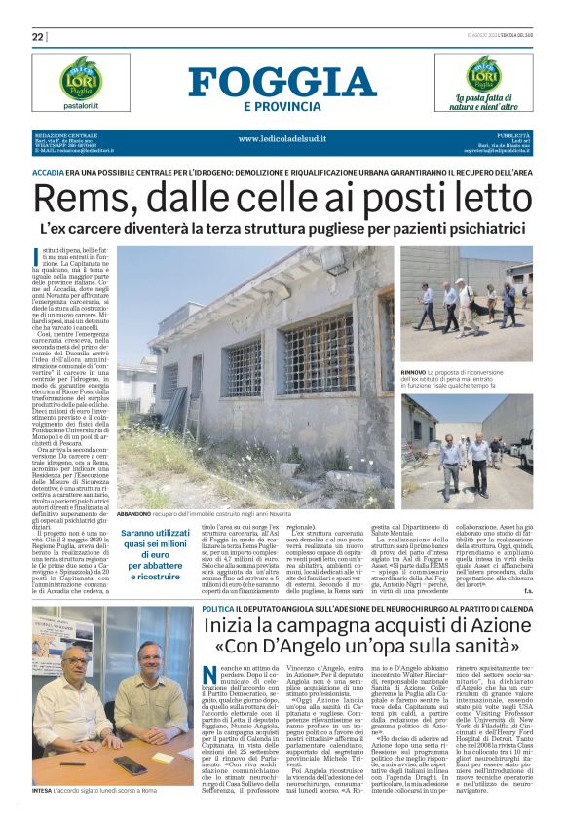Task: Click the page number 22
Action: [38, 37]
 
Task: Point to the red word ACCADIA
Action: [50, 170]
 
